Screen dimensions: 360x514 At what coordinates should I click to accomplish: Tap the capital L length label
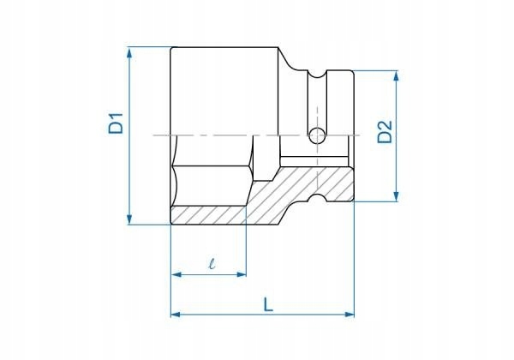[x=268, y=304]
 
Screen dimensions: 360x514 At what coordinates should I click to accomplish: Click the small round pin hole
[x=317, y=135]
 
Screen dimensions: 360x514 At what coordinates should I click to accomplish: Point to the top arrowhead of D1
[x=129, y=52]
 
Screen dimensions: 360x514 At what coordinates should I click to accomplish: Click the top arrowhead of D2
[x=397, y=76]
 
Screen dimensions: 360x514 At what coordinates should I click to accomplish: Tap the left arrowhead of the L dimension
[x=176, y=315]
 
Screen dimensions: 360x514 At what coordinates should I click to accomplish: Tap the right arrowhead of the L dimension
[x=349, y=315]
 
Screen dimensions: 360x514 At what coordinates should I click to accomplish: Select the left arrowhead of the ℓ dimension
[x=176, y=275]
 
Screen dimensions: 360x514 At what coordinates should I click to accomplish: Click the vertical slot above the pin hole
[x=317, y=99]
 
